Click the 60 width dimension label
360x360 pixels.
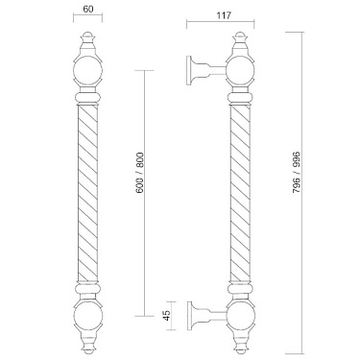click(88, 9)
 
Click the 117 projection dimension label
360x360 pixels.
click(223, 15)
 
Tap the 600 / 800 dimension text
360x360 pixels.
click(140, 173)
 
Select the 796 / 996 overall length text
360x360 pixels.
click(297, 172)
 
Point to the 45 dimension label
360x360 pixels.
click(167, 316)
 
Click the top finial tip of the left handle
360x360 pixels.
click(87, 32)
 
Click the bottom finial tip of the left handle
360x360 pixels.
click(87, 353)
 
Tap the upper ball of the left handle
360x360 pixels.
click(87, 70)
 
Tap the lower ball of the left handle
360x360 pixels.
click(87, 315)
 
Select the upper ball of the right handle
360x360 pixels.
click(241, 70)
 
